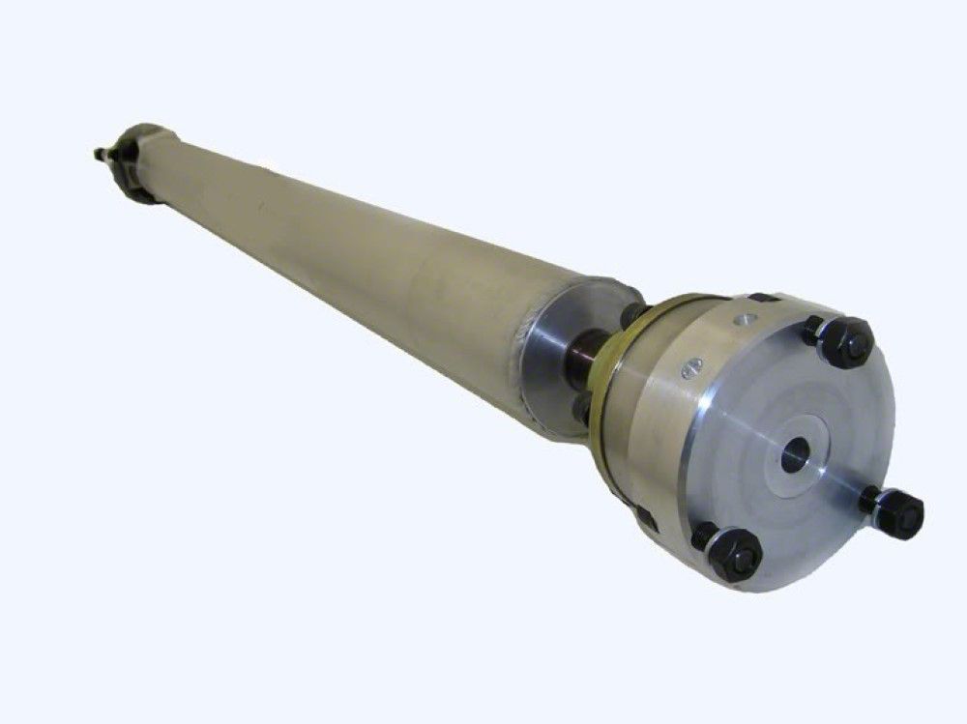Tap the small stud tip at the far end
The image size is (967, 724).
coord(99,153)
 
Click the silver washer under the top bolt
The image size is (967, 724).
coord(822,333)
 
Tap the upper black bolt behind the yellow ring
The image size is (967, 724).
coord(630,314)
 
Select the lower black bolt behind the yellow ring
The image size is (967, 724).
coord(582,411)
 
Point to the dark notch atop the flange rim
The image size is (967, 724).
coord(764,298)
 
